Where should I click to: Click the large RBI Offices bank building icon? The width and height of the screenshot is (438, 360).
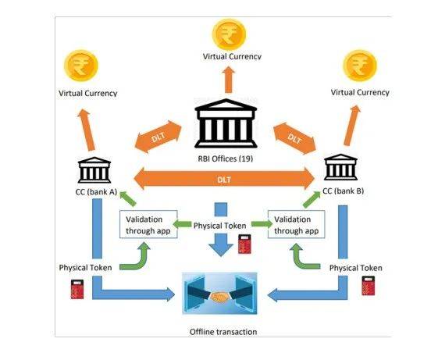click(226, 123)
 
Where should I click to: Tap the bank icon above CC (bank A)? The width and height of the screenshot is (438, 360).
click(94, 169)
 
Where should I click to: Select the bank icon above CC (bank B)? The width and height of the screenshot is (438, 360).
click(340, 167)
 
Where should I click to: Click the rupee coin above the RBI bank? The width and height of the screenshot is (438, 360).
click(229, 34)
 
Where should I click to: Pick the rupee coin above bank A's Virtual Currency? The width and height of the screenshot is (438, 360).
click(81, 66)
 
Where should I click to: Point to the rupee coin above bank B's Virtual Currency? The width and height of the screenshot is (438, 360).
click(360, 66)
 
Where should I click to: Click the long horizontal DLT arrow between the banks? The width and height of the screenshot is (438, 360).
click(224, 179)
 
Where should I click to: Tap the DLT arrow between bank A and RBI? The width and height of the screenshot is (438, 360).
click(158, 137)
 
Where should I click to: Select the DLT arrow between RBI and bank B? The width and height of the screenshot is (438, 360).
click(294, 138)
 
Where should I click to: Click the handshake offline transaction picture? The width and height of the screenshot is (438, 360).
click(219, 293)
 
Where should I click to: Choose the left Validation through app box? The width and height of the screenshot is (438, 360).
click(148, 224)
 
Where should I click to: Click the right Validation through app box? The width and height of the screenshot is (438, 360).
click(297, 224)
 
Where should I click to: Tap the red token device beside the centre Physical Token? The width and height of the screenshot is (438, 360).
click(244, 244)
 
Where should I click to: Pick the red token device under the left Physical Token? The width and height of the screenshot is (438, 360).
click(77, 289)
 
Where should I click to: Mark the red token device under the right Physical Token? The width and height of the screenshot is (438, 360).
click(369, 286)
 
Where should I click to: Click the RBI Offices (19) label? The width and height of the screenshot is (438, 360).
click(226, 159)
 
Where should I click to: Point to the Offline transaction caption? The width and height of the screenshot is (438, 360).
click(223, 332)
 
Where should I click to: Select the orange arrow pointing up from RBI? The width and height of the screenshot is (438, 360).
click(229, 80)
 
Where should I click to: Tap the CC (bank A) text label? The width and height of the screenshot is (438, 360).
click(96, 192)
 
